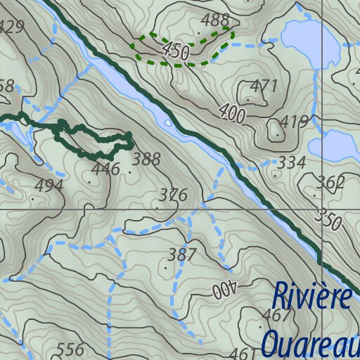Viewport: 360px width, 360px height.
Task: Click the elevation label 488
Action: click(215, 19)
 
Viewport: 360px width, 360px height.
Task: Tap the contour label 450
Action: click(176, 50)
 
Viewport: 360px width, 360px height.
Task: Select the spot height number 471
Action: click(264, 86)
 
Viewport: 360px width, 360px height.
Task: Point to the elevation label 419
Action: click(294, 122)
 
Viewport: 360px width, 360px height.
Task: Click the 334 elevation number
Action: click(291, 163)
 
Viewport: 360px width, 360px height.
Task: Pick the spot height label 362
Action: click(330, 184)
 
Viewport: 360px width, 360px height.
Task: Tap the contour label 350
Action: click(329, 219)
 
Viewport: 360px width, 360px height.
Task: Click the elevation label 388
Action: click(146, 159)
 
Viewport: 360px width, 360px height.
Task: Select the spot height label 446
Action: click(105, 169)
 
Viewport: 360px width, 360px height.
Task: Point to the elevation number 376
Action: click(173, 195)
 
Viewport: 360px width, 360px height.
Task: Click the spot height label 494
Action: click(49, 186)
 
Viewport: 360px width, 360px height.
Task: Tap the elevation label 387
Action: click(182, 255)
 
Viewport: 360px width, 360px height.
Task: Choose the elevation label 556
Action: click(70, 349)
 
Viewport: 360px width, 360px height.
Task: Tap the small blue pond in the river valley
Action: click(167, 122)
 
